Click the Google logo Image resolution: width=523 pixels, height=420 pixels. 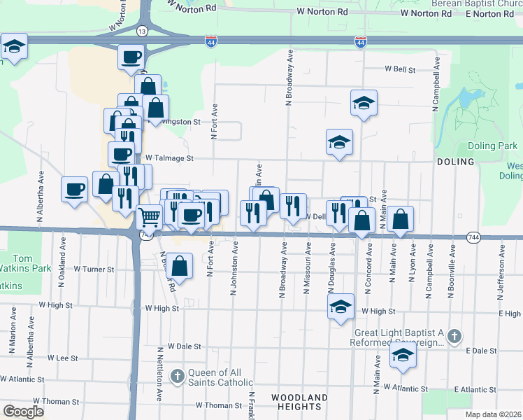click(22, 412)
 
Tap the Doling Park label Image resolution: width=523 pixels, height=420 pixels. click(496, 146)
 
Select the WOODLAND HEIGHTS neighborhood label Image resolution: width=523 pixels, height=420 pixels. click(299, 402)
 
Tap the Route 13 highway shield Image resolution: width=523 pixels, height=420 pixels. click(142, 31)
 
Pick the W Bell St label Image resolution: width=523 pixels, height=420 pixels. click(399, 70)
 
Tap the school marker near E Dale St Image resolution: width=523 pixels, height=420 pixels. click(403, 355)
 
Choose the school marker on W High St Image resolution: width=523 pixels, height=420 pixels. click(341, 307)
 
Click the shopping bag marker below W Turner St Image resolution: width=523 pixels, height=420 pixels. click(180, 266)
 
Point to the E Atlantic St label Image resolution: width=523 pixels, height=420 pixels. click(475, 389)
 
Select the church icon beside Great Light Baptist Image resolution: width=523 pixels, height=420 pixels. click(454, 335)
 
